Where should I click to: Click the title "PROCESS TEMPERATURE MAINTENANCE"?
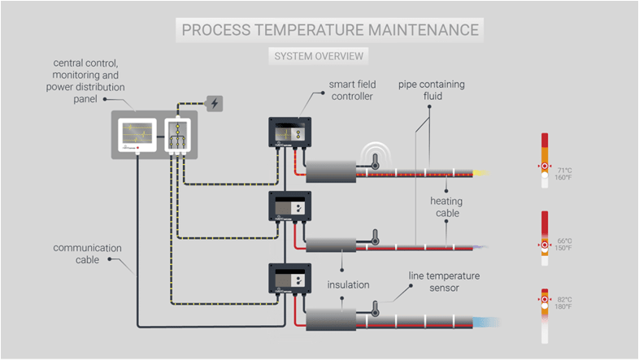(330, 31)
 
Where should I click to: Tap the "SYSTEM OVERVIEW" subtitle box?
(319, 57)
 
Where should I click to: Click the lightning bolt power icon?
(215, 103)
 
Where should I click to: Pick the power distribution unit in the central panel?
(176, 135)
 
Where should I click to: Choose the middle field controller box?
(290, 209)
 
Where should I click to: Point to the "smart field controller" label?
(352, 90)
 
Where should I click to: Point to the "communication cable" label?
(88, 254)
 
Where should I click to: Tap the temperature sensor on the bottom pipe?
(375, 310)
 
